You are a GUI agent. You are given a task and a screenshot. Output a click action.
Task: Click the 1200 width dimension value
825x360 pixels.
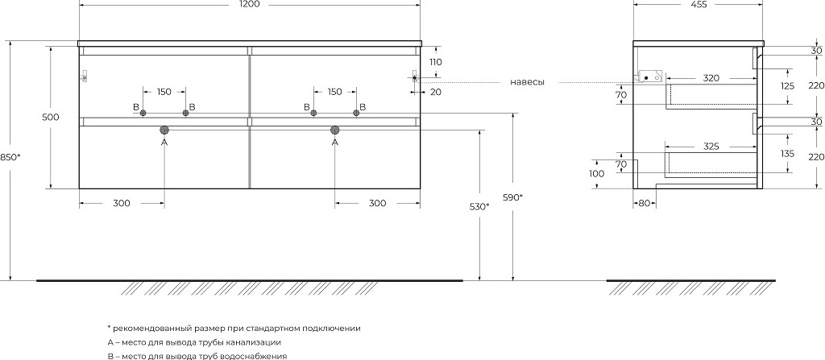click(250, 4)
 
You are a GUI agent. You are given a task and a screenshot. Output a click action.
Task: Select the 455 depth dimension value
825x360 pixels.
click(698, 4)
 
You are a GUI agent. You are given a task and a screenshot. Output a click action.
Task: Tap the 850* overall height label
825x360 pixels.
click(10, 156)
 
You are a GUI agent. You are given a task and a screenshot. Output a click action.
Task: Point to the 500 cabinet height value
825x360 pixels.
click(51, 117)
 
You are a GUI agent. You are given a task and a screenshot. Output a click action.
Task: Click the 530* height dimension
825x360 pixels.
click(480, 206)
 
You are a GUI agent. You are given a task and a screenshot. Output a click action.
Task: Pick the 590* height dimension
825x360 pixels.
click(513, 197)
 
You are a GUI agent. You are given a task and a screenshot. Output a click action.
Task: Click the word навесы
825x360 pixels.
click(527, 82)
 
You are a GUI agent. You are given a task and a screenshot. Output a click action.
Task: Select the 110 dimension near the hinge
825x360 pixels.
click(435, 61)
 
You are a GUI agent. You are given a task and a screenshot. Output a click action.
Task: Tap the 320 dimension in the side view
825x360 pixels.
click(711, 78)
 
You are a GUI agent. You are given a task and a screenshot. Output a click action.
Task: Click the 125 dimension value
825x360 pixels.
click(788, 86)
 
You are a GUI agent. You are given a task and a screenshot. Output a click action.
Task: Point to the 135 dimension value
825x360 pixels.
click(788, 154)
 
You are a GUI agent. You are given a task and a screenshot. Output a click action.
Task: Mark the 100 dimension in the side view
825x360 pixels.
click(597, 174)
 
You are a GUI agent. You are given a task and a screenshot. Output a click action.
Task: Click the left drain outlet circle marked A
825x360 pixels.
click(164, 130)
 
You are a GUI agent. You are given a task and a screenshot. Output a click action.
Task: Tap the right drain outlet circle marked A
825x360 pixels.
click(334, 130)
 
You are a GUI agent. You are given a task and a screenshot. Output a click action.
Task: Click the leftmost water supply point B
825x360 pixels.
click(143, 113)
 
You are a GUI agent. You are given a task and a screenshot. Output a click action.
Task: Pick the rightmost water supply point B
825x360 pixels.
click(356, 113)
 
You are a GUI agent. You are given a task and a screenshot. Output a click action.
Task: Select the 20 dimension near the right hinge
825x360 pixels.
click(435, 92)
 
